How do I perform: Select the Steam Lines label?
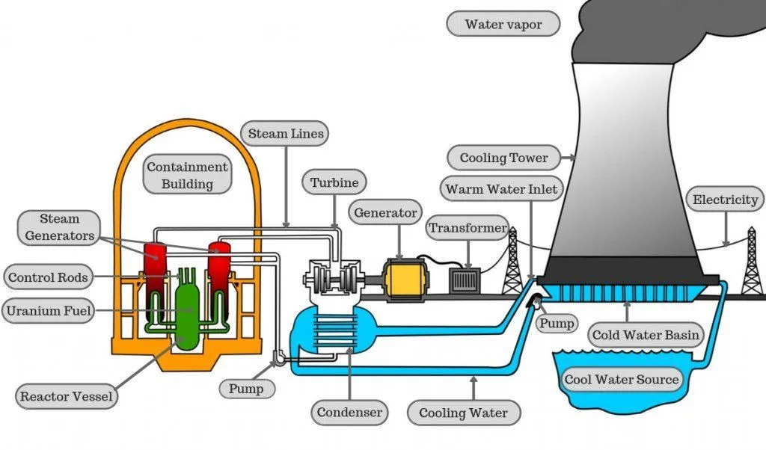[286, 135]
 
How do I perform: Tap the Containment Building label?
[186, 175]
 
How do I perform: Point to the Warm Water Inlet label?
[501, 189]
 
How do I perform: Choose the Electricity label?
[725, 200]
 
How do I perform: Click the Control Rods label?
[48, 278]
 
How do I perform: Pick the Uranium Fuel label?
[48, 310]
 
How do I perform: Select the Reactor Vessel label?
[67, 395]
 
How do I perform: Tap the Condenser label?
[349, 412]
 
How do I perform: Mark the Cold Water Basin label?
[646, 335]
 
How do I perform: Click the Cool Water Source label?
[622, 379]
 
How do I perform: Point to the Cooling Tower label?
[503, 158]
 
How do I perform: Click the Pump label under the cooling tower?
[557, 324]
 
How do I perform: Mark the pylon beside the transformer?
[512, 263]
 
